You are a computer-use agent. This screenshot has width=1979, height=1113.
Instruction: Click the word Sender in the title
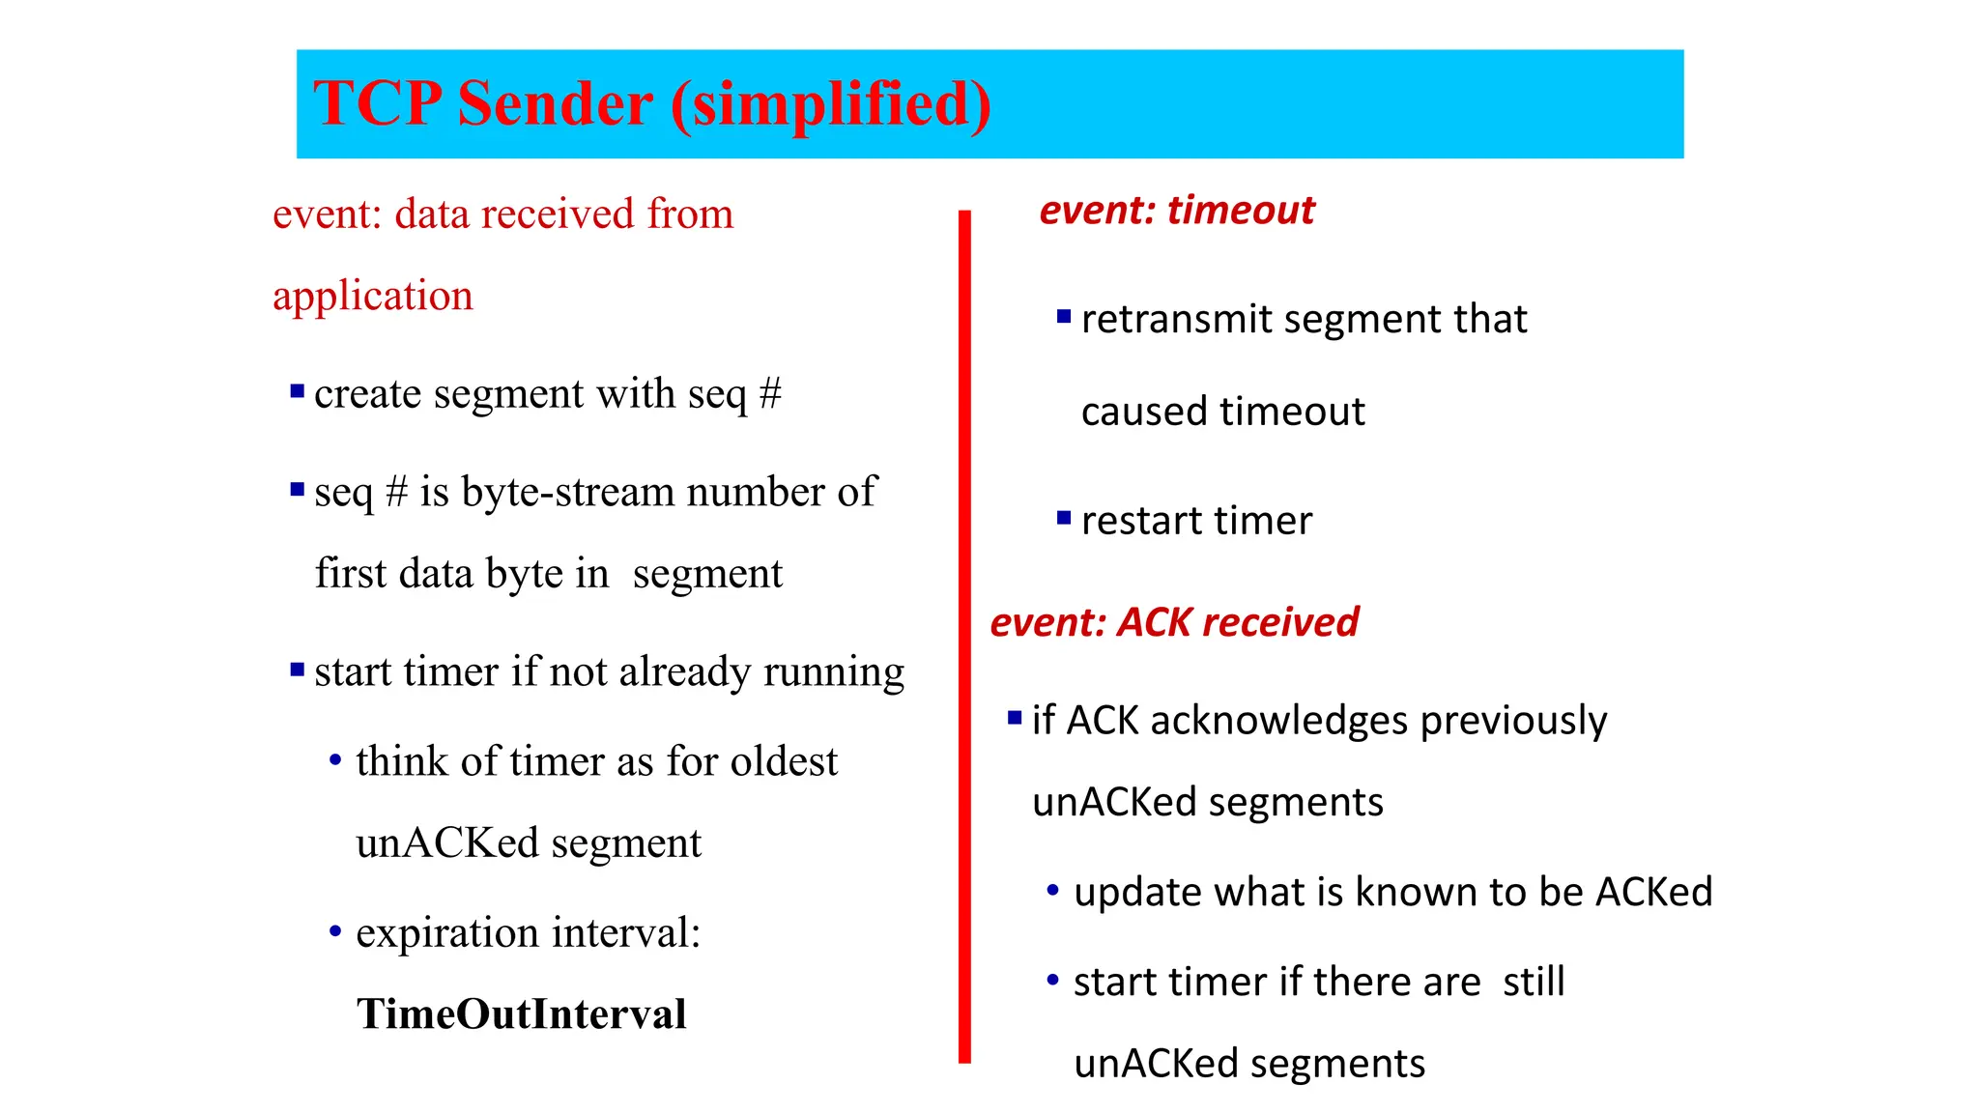pos(555,103)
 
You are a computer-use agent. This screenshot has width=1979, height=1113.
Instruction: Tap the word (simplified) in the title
pos(831,103)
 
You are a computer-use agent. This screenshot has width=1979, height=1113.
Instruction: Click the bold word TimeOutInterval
pos(521,1013)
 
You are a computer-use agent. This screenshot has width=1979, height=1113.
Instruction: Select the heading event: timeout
pos(1176,210)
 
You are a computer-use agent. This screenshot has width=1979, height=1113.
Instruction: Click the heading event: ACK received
pos(1174,622)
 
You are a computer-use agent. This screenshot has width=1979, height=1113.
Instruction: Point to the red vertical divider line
pos(964,638)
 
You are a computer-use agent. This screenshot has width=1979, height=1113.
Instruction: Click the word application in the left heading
pos(373,296)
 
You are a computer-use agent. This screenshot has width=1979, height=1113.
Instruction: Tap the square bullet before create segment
pos(298,391)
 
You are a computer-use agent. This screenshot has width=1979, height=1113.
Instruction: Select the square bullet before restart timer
pos(1064,519)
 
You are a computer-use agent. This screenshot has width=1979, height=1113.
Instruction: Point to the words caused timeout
pos(1222,412)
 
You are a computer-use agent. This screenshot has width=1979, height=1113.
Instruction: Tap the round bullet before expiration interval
pos(335,932)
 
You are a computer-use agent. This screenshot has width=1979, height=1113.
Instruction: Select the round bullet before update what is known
pos(1053,890)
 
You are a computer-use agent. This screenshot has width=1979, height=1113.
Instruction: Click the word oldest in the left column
pos(784,761)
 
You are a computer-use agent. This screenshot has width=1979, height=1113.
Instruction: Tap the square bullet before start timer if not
pos(298,670)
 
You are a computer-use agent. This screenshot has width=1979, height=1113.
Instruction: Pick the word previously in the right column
pos(1513,721)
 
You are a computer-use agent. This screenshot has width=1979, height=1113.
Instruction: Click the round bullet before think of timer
pos(335,760)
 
